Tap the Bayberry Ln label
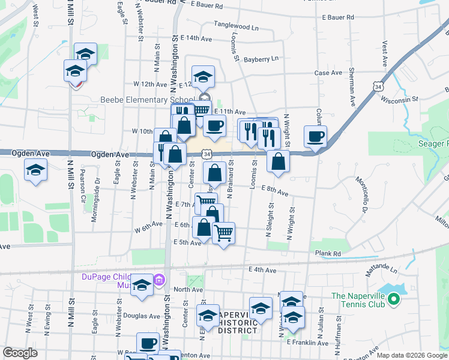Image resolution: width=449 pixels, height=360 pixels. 261,59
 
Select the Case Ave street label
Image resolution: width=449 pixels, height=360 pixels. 328,73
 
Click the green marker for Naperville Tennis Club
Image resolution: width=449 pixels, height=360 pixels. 394,298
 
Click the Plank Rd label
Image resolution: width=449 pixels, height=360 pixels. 328,254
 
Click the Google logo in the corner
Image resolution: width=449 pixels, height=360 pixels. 20,353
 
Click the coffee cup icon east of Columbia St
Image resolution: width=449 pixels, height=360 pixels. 315,137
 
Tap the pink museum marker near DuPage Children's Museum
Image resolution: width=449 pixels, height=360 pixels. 159,280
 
